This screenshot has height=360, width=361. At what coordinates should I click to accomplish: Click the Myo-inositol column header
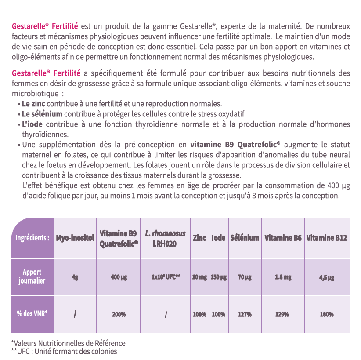(x=75, y=238)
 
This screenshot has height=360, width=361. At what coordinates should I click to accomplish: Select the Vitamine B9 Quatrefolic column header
(x=119, y=238)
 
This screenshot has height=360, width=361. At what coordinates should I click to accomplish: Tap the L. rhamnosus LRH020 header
(x=165, y=238)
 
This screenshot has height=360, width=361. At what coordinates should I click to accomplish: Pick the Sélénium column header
(x=245, y=238)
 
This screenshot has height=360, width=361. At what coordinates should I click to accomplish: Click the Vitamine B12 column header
(x=327, y=238)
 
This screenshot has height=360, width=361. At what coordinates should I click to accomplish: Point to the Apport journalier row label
(x=32, y=276)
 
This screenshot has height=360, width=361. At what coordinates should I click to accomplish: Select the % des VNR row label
(x=32, y=314)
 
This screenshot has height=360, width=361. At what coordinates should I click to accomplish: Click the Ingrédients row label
(x=32, y=238)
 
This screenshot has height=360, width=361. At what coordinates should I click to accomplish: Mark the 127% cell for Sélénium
(x=245, y=314)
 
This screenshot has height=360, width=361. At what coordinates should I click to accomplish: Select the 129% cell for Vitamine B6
(x=282, y=314)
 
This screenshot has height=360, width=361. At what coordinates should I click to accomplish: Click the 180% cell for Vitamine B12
(x=327, y=314)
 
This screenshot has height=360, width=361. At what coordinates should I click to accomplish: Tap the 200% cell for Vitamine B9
(x=119, y=314)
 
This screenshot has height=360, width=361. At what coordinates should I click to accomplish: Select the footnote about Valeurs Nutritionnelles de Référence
(x=68, y=343)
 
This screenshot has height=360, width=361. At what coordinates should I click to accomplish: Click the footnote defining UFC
(x=64, y=351)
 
